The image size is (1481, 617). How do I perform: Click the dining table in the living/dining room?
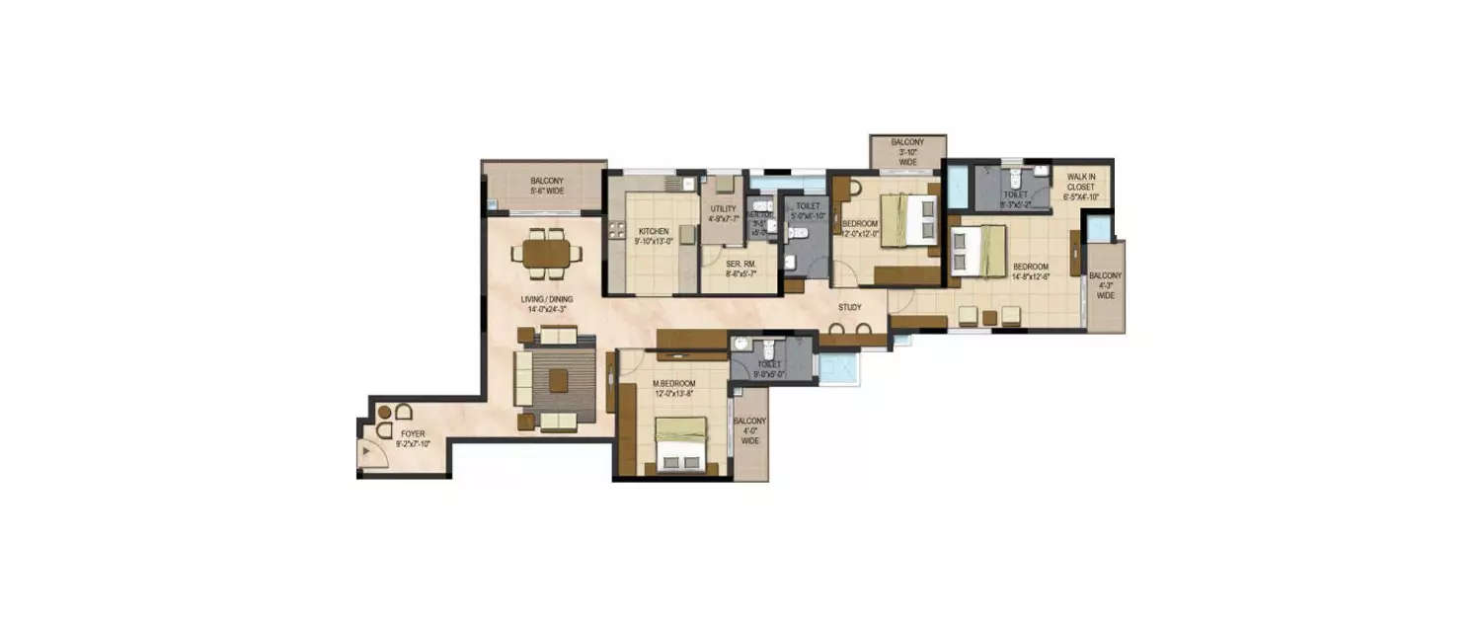coord(546,254)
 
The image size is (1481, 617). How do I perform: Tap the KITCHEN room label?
coord(654,231)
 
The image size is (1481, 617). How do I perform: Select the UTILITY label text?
coord(724,209)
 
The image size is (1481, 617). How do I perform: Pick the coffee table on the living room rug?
coord(558,380)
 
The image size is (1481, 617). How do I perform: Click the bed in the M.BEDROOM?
coord(681,442)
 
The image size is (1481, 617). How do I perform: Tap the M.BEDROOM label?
coord(673,383)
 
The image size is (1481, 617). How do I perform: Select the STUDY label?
coord(850,308)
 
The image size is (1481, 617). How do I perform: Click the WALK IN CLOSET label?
coord(1081,186)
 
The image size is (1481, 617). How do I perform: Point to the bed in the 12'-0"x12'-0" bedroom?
coord(907,220)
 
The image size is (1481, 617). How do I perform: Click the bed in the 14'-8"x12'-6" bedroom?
coord(977,251)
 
